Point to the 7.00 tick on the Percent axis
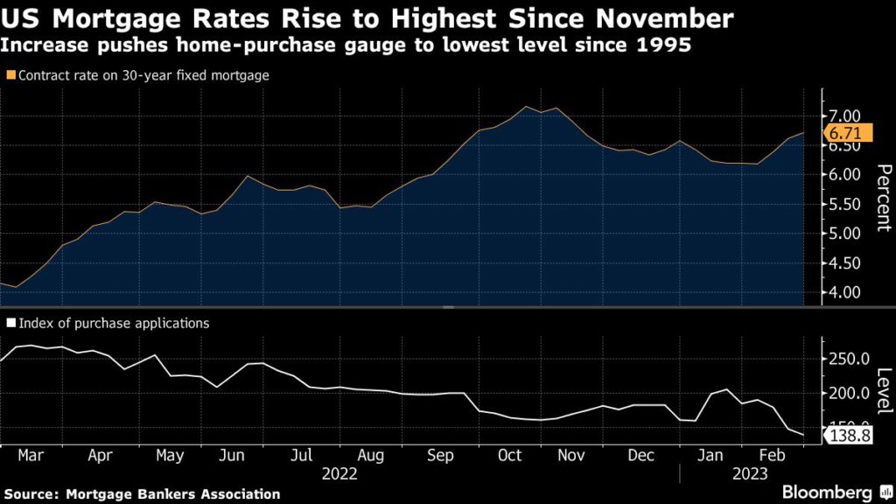point(845,116)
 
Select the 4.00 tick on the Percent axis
point(845,292)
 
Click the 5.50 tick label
point(845,204)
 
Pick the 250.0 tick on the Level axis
point(848,360)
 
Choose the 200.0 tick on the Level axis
point(848,394)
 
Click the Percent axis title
point(883,196)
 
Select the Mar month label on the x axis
point(31,456)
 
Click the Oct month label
point(509,456)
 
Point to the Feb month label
point(770,456)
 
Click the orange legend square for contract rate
point(10,76)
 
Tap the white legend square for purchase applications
point(10,323)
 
